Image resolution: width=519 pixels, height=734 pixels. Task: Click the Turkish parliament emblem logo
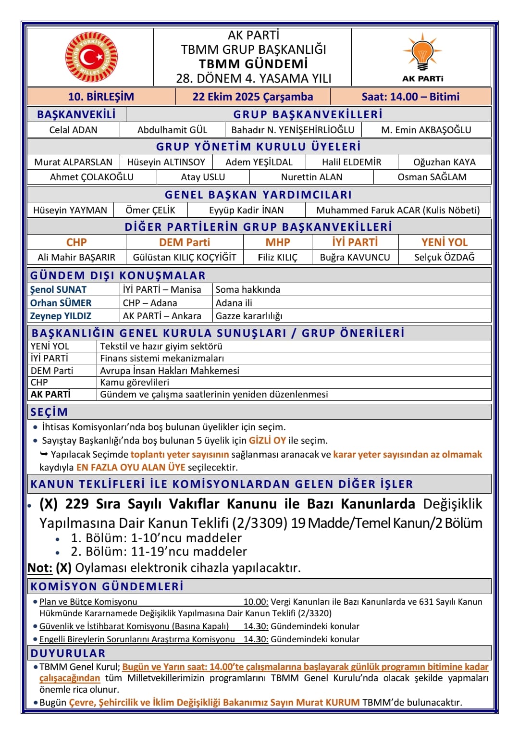coord(91,57)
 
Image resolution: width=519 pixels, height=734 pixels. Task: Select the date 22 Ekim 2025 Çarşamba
coord(253,97)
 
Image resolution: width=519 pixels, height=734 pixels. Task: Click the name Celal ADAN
coord(73,130)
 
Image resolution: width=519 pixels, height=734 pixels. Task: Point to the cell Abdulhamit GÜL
coord(172,130)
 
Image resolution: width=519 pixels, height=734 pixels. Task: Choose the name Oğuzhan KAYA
coord(444,162)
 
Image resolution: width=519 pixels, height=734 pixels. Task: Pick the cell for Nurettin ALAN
coord(311,177)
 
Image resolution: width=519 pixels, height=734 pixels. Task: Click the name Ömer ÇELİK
coord(150,210)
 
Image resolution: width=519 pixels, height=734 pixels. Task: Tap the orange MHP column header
coord(278,242)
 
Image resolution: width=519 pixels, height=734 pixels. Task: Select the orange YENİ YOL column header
coord(444,242)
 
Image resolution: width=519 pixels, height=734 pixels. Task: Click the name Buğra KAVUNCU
coord(355,257)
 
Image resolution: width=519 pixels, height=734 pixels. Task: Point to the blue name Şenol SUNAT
coord(58,289)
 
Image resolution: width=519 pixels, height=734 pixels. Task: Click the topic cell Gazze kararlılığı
coord(249,316)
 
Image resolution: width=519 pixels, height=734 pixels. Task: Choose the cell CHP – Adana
coord(150,303)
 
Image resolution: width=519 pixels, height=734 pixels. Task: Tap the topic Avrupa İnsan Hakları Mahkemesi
coord(170,370)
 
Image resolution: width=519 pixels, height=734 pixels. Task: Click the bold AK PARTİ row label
coord(50,394)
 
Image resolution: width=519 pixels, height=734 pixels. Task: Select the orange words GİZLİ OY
coord(267,440)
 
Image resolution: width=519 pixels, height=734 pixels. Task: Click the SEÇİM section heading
coord(49,412)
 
